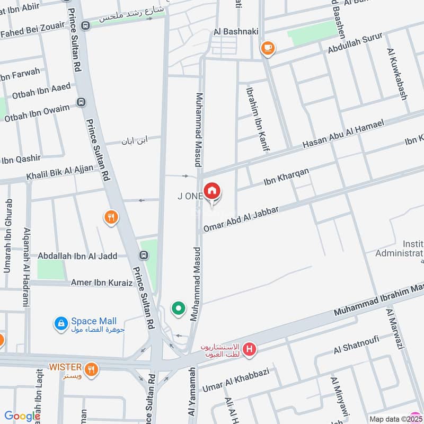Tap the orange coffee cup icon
(x=268, y=48)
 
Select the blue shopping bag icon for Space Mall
(x=62, y=322)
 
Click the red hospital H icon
(x=250, y=350)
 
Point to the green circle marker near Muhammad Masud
(x=179, y=307)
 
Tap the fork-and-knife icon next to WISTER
(x=92, y=369)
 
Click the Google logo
(x=22, y=416)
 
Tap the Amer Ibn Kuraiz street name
(x=102, y=283)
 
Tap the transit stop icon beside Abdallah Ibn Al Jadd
(x=143, y=255)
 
